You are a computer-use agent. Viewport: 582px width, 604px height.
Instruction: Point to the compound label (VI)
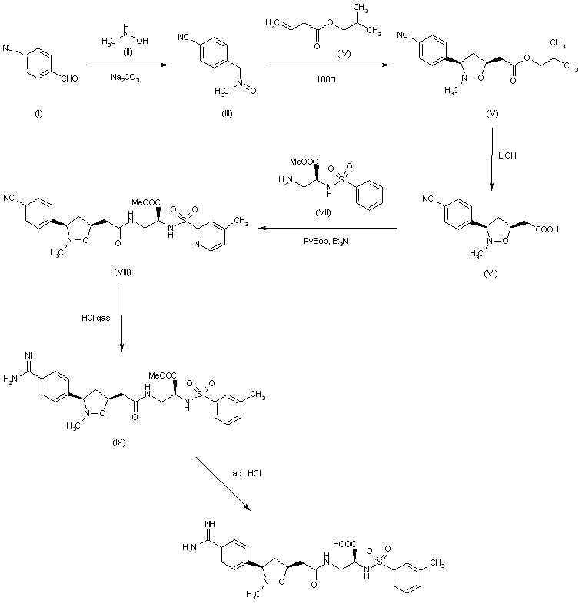pyautogui.click(x=491, y=273)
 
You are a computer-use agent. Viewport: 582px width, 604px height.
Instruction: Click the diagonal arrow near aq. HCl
pyautogui.click(x=224, y=482)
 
